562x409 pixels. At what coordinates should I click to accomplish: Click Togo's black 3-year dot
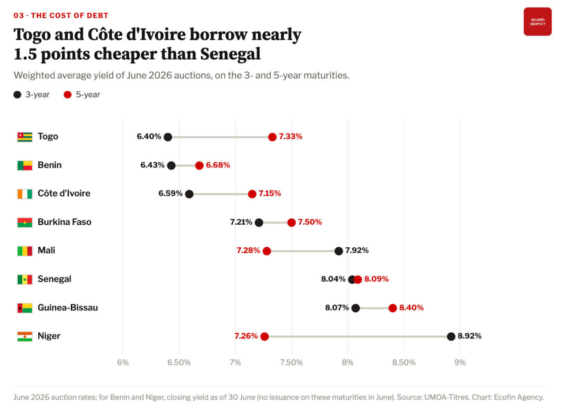pyautogui.click(x=168, y=137)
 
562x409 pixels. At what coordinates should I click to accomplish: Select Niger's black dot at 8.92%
pyautogui.click(x=451, y=337)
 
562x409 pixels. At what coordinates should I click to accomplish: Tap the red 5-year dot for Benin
pyautogui.click(x=199, y=166)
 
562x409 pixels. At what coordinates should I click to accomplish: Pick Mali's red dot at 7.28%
pyautogui.click(x=267, y=251)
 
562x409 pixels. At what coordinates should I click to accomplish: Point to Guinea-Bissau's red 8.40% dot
pyautogui.click(x=393, y=308)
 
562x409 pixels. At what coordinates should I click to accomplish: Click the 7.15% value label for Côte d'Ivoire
pyautogui.click(x=270, y=193)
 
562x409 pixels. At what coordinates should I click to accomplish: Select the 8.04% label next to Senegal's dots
pyautogui.click(x=333, y=279)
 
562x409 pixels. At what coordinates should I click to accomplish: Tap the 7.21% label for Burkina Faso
pyautogui.click(x=241, y=222)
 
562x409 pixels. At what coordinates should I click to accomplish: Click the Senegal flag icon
pyautogui.click(x=25, y=279)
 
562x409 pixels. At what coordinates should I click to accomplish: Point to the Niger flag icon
pyautogui.click(x=25, y=337)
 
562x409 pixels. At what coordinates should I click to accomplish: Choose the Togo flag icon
pyautogui.click(x=25, y=137)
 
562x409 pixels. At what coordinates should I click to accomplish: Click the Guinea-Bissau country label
pyautogui.click(x=68, y=308)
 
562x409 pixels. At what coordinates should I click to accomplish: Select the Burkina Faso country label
pyautogui.click(x=65, y=222)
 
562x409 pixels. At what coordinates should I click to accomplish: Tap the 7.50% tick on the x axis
pyautogui.click(x=291, y=362)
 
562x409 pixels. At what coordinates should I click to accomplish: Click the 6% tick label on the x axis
pyautogui.click(x=123, y=362)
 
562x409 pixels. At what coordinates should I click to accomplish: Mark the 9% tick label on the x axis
pyautogui.click(x=460, y=362)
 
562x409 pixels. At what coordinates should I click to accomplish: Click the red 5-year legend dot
pyautogui.click(x=68, y=95)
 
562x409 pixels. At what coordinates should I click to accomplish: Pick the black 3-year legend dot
pyautogui.click(x=17, y=95)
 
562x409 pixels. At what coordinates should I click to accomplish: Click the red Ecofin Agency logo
pyautogui.click(x=538, y=22)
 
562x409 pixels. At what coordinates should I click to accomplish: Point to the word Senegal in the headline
pyautogui.click(x=230, y=54)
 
